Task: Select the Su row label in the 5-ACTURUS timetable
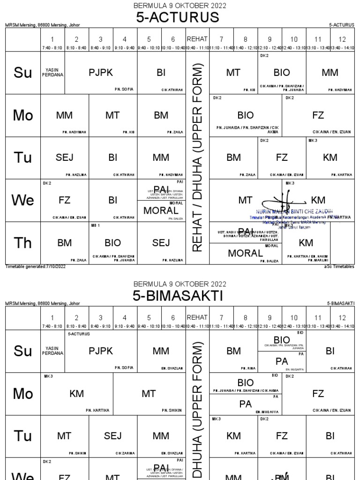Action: coord(23,73)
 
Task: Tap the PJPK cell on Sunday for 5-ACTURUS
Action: coord(101,73)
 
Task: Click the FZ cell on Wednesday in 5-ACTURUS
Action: coord(65,201)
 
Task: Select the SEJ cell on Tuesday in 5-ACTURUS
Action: coord(65,157)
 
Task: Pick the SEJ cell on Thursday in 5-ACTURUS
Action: coord(161,243)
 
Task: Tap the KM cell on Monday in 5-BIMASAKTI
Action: coord(76,394)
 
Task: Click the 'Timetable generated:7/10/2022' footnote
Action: coord(36,267)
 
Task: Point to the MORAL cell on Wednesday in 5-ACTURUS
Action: coord(161,210)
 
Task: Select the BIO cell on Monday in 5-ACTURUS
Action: coord(246,115)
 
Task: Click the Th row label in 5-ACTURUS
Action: coord(23,243)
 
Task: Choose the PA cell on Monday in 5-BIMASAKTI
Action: coord(246,404)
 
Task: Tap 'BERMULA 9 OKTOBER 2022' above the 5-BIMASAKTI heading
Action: coord(180,284)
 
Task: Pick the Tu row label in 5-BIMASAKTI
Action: coord(23,436)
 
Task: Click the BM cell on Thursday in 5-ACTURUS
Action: coord(65,243)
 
